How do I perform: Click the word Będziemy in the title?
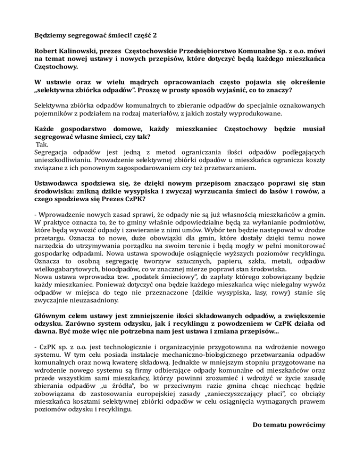(x=51, y=35)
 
